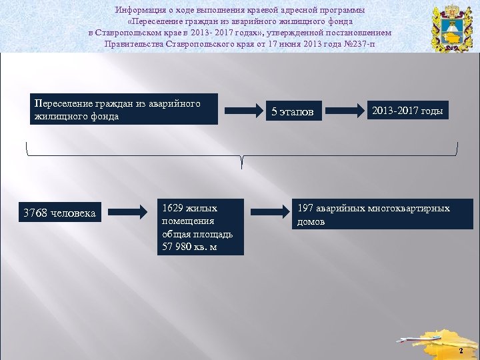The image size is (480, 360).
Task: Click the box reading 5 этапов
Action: tap(293, 111)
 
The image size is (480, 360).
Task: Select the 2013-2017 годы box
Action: tap(407, 111)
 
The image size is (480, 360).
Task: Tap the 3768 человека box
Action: tap(59, 213)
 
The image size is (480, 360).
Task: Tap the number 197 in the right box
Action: tap(305, 209)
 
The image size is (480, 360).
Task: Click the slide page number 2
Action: tap(461, 350)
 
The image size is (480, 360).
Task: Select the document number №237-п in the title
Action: tap(359, 44)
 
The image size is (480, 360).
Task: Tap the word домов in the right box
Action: tap(311, 221)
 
